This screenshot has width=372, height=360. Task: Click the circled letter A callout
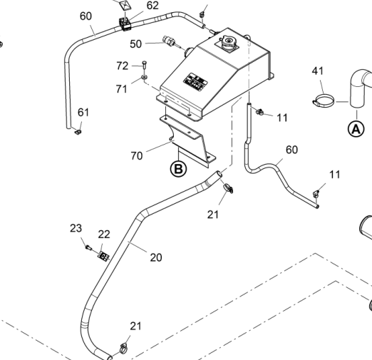tap(356, 129)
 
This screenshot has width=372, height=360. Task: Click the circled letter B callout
tap(178, 169)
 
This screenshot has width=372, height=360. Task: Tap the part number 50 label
tap(135, 44)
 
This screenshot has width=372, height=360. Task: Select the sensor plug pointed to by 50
tap(169, 41)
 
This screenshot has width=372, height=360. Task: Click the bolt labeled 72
tap(145, 66)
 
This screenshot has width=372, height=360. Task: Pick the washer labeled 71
tap(144, 77)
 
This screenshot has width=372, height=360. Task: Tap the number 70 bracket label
tap(137, 156)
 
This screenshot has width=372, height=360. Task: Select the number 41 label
tap(318, 71)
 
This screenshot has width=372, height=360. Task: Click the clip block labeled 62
tap(125, 24)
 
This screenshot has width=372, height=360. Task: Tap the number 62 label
tap(153, 6)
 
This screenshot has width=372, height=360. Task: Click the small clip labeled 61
tap(78, 132)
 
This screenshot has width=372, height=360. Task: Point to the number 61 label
tap(83, 113)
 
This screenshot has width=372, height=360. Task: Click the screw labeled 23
tap(88, 247)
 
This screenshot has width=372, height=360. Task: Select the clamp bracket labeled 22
tap(103, 256)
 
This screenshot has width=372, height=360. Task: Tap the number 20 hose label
tap(156, 257)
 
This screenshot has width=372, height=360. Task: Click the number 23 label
tap(76, 228)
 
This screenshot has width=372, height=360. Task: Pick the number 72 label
tap(123, 66)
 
